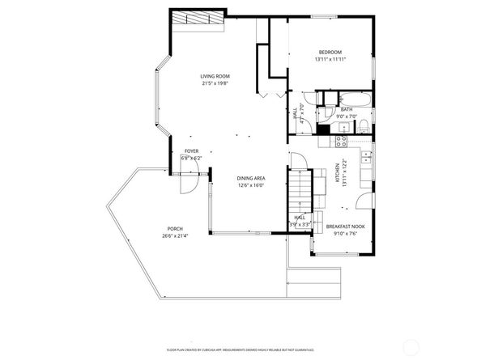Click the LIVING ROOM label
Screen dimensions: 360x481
(x=215, y=76)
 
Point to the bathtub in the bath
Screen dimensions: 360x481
(x=355, y=100)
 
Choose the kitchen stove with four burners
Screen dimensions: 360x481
(x=342, y=140)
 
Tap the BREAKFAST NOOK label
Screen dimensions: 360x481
(x=345, y=227)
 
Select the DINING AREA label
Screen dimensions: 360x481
(x=252, y=178)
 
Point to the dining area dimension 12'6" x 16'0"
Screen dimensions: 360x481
(x=252, y=185)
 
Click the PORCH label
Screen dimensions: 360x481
(x=175, y=229)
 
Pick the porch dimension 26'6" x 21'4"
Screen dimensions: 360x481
(x=175, y=236)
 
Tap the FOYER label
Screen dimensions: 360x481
(x=191, y=151)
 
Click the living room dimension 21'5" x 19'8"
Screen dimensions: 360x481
(x=215, y=83)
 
